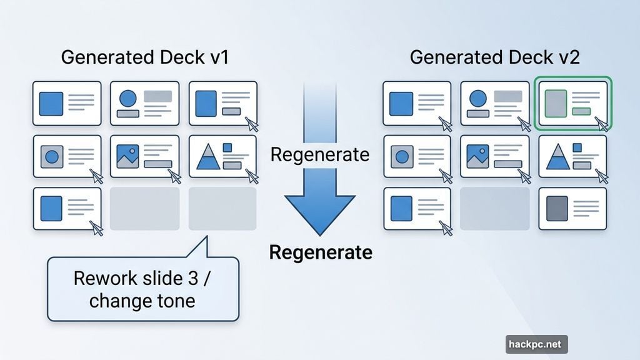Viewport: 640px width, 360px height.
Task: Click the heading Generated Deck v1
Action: tap(145, 57)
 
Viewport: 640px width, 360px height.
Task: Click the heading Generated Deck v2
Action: tap(494, 57)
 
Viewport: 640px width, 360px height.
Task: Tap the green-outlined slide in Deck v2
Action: tap(572, 104)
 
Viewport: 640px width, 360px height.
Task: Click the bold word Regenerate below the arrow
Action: tap(321, 252)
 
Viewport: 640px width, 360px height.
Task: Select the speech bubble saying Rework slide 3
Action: tap(143, 289)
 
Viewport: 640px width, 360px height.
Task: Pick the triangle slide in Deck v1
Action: tap(222, 157)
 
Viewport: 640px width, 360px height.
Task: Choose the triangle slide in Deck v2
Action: tap(572, 157)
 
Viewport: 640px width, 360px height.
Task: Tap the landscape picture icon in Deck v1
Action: tap(127, 156)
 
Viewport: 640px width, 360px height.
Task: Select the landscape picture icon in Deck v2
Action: tap(477, 156)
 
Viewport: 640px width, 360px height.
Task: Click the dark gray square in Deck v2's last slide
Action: tap(557, 207)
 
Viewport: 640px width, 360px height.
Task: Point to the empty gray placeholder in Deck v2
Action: tap(494, 209)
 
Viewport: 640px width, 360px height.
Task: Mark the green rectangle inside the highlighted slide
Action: tap(581, 111)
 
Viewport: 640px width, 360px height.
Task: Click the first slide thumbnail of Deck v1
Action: tap(67, 104)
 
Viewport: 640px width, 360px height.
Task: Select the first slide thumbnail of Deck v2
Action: tap(417, 104)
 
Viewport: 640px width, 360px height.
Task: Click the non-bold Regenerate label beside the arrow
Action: tap(320, 154)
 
